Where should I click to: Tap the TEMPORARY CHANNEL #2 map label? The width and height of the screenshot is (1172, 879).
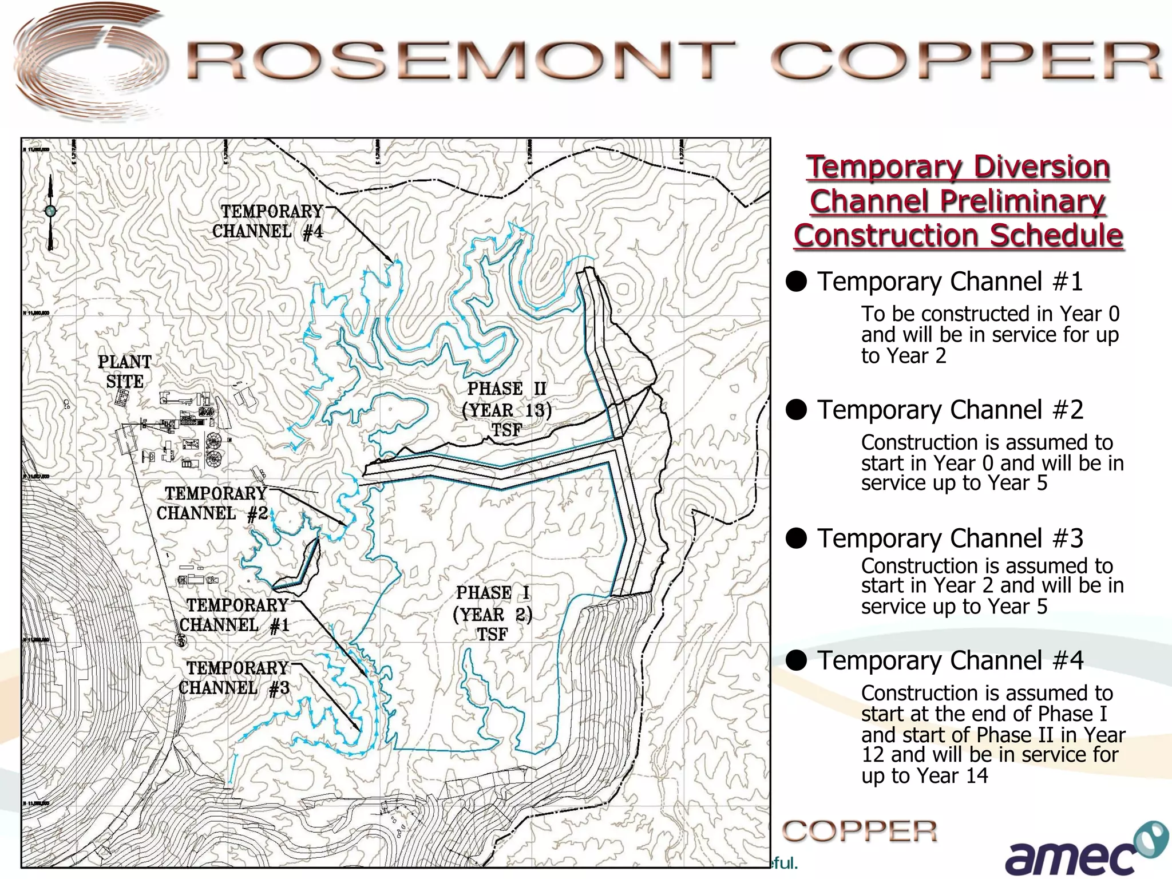point(213,504)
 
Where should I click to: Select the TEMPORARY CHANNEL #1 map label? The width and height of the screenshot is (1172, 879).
point(235,615)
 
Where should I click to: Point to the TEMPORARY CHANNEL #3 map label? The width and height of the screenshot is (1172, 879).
point(235,678)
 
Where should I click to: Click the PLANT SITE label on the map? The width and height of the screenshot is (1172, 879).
point(125,372)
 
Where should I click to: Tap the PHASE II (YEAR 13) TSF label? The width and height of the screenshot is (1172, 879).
point(507,409)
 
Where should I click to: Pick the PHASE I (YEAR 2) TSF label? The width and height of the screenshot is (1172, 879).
point(493,613)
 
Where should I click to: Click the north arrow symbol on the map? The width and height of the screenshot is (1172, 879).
point(50,212)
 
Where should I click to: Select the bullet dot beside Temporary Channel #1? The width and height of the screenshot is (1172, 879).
point(796,282)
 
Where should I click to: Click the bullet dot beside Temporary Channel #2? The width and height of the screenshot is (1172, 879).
point(796,410)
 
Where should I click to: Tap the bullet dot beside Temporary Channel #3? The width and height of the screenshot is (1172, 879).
point(796,538)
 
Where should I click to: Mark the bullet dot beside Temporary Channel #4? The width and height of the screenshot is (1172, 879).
point(796,660)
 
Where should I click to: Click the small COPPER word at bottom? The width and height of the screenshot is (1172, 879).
point(860,831)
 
